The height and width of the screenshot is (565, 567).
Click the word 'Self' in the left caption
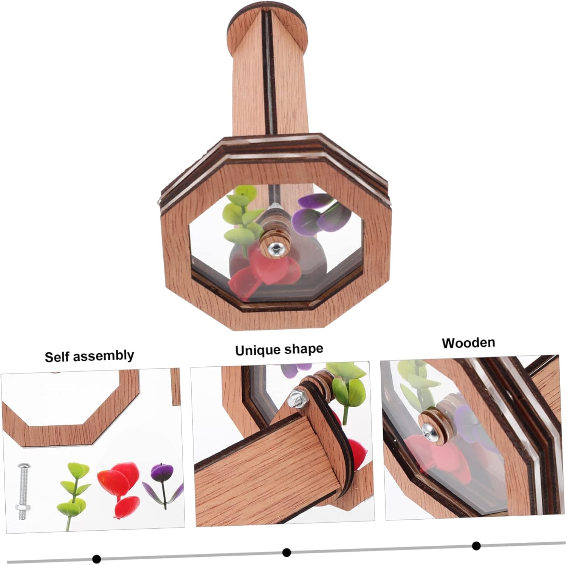(56, 357)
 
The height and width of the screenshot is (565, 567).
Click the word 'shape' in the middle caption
(305, 349)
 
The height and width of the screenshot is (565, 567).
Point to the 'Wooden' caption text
(468, 343)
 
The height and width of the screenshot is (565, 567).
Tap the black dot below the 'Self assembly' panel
(96, 558)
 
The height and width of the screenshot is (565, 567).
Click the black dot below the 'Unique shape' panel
(287, 553)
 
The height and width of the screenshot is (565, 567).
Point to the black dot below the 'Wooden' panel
(476, 545)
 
